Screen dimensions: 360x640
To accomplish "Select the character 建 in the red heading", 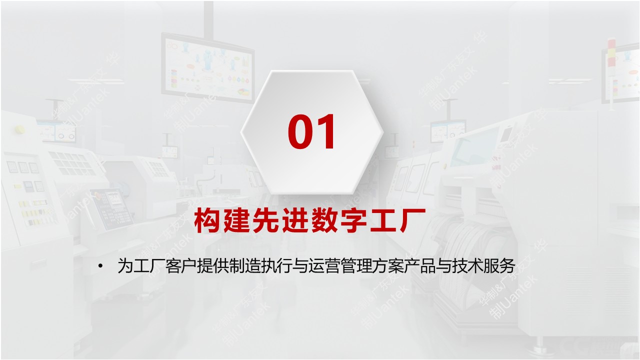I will coord(237,221).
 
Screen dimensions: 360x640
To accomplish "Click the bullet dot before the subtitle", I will coord(102,266).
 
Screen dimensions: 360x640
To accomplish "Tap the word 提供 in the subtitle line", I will coord(209,266).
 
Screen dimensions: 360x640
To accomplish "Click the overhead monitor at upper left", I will coord(207,68).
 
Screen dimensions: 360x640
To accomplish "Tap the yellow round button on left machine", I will coord(20,129).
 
